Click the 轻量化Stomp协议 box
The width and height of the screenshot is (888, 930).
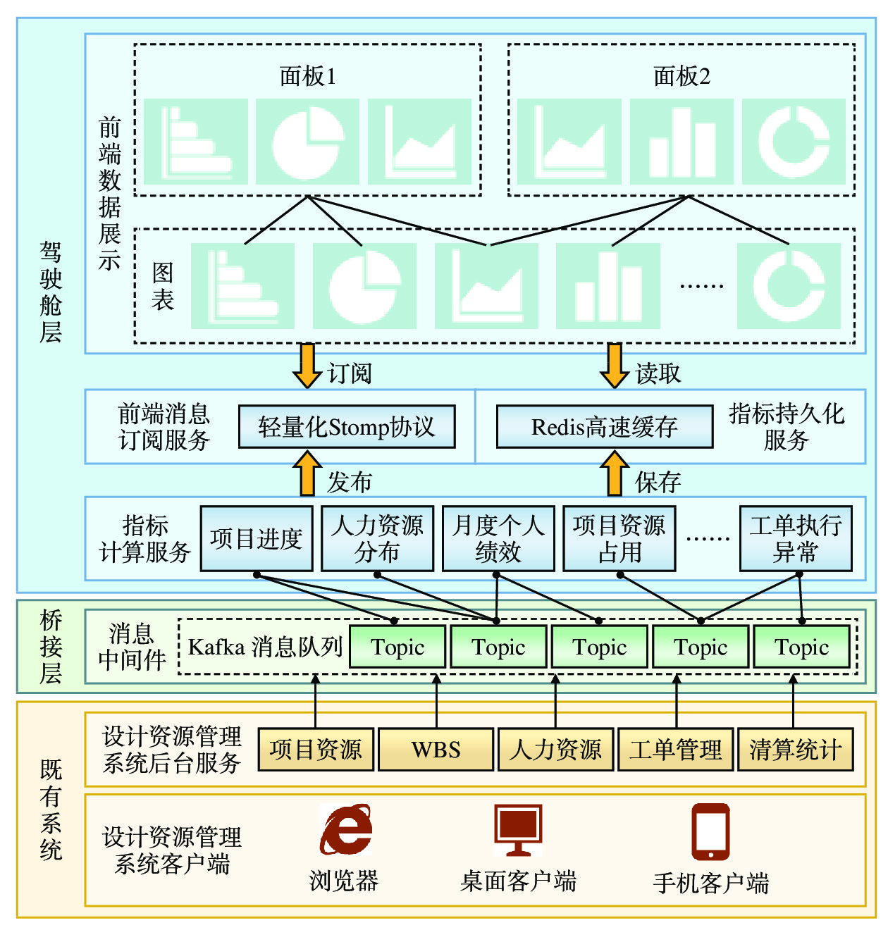(x=347, y=426)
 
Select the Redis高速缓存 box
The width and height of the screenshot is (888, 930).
(x=605, y=426)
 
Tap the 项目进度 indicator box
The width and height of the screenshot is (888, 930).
(x=257, y=538)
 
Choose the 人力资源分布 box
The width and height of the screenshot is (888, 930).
(x=377, y=538)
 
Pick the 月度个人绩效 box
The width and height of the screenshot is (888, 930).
(x=498, y=538)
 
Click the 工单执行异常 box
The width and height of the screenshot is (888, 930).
(x=796, y=538)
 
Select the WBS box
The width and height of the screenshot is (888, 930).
(x=436, y=749)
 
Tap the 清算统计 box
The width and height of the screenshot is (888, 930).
(x=795, y=749)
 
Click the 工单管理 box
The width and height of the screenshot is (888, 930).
(x=676, y=749)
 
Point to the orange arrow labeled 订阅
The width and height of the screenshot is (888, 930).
(x=307, y=366)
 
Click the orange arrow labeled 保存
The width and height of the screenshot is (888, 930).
(x=615, y=474)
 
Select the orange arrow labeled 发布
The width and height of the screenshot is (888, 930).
(x=307, y=474)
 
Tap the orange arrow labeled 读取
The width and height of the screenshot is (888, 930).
(x=615, y=366)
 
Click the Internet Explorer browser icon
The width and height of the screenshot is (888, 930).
(x=345, y=830)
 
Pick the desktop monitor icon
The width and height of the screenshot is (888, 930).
(x=518, y=830)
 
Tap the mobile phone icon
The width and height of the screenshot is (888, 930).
(x=710, y=831)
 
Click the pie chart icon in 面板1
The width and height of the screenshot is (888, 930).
(x=307, y=141)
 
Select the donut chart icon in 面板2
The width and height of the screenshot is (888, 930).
(x=794, y=141)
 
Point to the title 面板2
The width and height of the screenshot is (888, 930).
(x=682, y=76)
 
